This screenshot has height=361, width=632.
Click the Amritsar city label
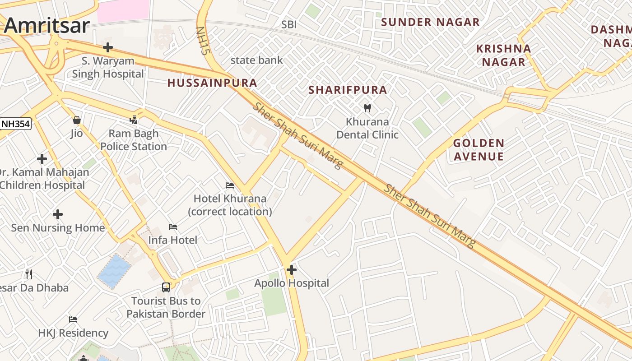pyautogui.click(x=47, y=25)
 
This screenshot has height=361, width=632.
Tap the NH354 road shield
pyautogui.click(x=15, y=124)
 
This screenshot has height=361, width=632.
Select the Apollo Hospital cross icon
pyautogui.click(x=292, y=270)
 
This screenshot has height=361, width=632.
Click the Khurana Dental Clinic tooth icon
pyautogui.click(x=367, y=108)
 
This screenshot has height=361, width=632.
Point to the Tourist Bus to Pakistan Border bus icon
pyautogui.click(x=166, y=287)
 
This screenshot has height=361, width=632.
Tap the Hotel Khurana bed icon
pyautogui.click(x=230, y=185)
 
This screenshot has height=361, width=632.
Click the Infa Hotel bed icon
pyautogui.click(x=173, y=227)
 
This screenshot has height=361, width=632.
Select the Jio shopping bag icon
pyautogui.click(x=77, y=120)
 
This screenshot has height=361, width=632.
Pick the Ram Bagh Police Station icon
pyautogui.click(x=133, y=120)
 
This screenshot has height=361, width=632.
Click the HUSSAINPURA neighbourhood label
pyautogui.click(x=212, y=83)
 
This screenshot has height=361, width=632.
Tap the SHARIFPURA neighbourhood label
pyautogui.click(x=348, y=90)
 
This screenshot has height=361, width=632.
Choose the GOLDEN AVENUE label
pyautogui.click(x=479, y=150)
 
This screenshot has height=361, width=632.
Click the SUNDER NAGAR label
pyautogui.click(x=430, y=22)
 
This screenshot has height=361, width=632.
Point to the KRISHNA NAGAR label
pyautogui.click(x=503, y=55)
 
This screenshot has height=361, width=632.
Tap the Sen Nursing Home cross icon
pyautogui.click(x=58, y=214)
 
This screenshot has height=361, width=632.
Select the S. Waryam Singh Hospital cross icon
pyautogui.click(x=107, y=47)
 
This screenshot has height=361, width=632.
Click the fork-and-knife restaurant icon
pyautogui.click(x=29, y=274)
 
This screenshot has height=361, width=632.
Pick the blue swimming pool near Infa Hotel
pyautogui.click(x=114, y=271)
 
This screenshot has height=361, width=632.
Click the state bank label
pyautogui.click(x=256, y=60)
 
